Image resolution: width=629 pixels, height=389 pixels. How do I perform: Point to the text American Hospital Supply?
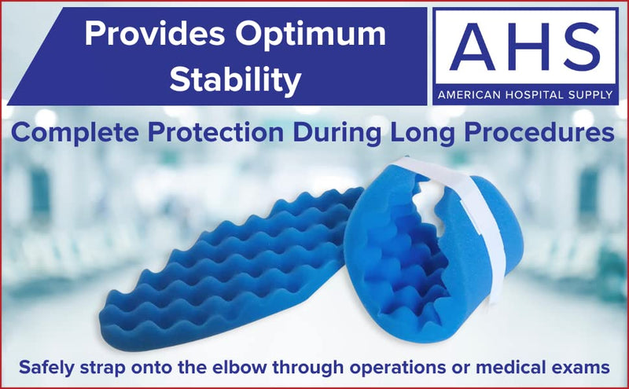pos(525,95)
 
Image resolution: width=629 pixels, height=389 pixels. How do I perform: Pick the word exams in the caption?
pos(579,365)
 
